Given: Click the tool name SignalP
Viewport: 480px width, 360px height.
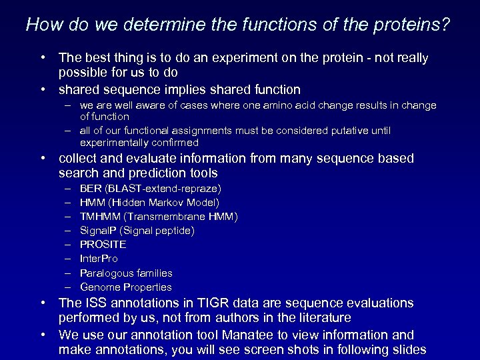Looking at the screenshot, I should (97, 230).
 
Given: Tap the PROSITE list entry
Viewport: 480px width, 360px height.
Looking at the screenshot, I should (102, 245).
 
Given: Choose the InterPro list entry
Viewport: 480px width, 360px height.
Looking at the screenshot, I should (98, 259).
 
